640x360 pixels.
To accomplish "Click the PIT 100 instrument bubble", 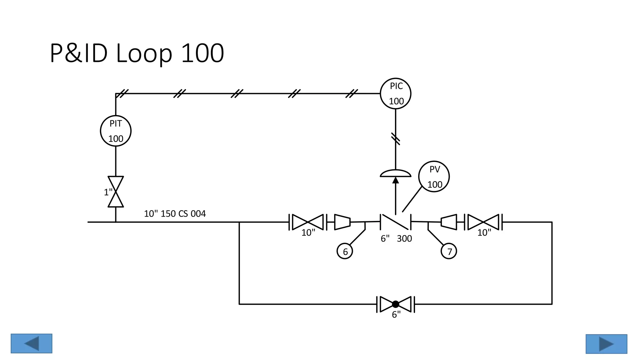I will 116,131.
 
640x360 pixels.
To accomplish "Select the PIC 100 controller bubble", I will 395,93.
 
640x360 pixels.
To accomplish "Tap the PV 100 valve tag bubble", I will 434,177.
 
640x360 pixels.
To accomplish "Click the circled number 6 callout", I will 345,251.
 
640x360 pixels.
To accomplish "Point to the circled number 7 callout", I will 449,251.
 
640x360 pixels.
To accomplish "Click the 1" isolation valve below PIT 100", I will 116,192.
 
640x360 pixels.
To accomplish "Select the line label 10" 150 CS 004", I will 175,214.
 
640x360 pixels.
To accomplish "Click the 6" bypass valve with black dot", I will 395,304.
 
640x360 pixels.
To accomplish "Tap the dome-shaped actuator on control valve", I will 395,173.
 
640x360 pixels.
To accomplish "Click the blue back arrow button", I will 31,343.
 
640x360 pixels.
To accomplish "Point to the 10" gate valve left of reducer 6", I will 308,222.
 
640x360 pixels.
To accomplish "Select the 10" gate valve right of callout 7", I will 483,222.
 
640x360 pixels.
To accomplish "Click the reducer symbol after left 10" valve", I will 342,222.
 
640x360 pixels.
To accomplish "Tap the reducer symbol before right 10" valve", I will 449,222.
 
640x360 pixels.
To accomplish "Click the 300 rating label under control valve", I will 404,239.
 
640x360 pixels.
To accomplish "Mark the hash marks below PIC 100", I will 395,139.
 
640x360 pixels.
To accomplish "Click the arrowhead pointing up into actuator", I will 395,180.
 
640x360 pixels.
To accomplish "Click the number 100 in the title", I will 202,53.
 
